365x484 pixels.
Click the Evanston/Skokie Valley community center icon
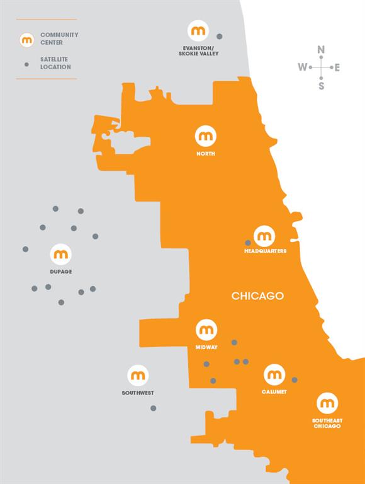[x=198, y=30]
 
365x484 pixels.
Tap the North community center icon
[x=206, y=135]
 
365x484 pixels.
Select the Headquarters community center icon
[x=264, y=236]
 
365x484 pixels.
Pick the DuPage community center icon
[x=61, y=255]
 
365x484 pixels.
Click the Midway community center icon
[x=206, y=330]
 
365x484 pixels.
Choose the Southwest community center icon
[x=138, y=376]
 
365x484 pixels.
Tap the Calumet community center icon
[x=274, y=375]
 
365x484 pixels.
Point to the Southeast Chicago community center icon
[x=327, y=403]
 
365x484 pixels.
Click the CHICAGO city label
[x=257, y=296]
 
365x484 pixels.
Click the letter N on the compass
[x=321, y=50]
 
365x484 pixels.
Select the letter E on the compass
[x=337, y=67]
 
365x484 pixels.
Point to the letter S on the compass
[x=321, y=86]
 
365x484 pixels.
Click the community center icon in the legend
[x=27, y=40]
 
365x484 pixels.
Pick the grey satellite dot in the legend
[x=26, y=64]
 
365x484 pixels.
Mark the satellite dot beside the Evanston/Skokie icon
[x=219, y=37]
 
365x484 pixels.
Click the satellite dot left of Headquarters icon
[x=248, y=243]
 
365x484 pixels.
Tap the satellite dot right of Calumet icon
[x=295, y=380]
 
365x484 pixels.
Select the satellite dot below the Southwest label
[x=153, y=408]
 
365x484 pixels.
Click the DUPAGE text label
[x=61, y=272]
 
